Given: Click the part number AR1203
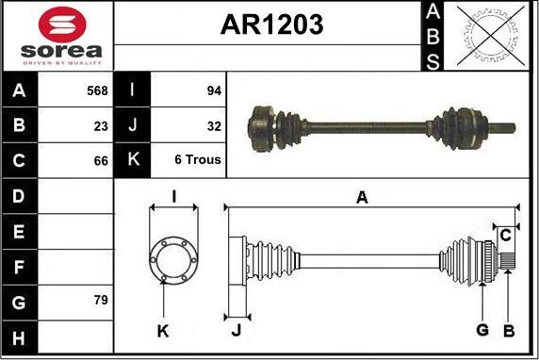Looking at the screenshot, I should [271, 25].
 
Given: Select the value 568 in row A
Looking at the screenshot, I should [96, 91].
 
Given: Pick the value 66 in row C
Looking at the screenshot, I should [101, 159].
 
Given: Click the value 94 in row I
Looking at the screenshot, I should [213, 91].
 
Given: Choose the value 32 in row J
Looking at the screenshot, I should [213, 124].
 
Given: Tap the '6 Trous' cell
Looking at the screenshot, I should [198, 159].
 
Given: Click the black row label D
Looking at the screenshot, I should [20, 195].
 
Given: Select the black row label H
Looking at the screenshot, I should [20, 336].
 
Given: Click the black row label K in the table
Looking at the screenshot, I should [132, 159].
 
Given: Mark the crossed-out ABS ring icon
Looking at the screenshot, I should [489, 36].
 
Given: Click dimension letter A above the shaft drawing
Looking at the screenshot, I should [361, 197].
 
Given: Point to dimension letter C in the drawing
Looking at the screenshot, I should [506, 234].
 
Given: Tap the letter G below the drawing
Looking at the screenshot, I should [482, 330].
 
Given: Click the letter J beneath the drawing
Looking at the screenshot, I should [237, 330].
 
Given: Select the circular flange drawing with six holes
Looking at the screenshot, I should [173, 255].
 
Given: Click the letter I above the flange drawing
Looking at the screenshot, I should [173, 196].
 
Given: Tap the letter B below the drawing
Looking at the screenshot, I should [509, 330].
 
